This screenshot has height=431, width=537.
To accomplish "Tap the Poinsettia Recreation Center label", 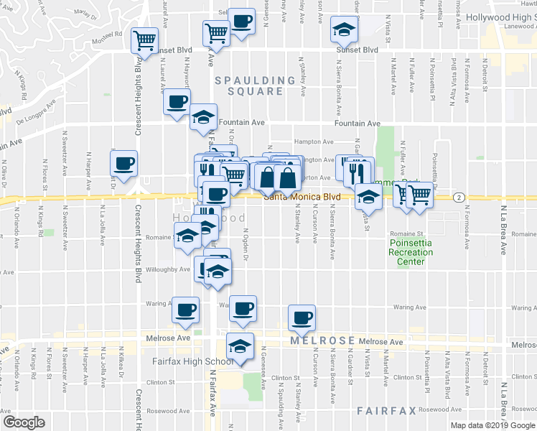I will tap(411, 253).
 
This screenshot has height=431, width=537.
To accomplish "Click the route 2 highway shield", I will tap(458, 197).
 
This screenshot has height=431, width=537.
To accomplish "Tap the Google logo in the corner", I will tap(24, 422).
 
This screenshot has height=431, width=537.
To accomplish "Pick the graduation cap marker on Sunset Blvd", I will tap(344, 30).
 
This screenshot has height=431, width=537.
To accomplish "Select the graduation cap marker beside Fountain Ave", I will tap(203, 118).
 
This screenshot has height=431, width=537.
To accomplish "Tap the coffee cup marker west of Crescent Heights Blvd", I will tap(123, 162).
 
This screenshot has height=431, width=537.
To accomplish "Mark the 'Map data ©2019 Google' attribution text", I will tap(492, 425).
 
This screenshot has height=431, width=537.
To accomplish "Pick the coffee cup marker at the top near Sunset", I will tap(242, 22).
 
